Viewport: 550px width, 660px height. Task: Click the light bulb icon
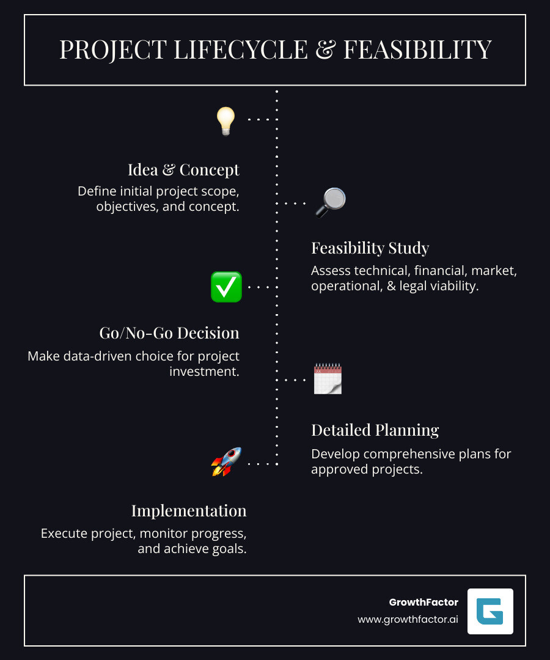(x=226, y=120)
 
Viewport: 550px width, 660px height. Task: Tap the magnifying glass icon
(x=331, y=203)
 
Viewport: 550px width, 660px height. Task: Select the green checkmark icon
(x=226, y=287)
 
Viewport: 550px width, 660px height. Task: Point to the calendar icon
(x=328, y=379)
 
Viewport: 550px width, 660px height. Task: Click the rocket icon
(x=226, y=462)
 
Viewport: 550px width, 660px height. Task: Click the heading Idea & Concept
(x=183, y=169)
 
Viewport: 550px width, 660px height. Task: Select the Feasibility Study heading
(x=370, y=248)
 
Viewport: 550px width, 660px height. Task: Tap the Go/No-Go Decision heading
(x=169, y=333)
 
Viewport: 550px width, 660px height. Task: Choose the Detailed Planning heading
(x=375, y=430)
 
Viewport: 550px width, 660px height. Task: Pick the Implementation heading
(x=189, y=510)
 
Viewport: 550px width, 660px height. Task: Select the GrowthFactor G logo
(x=490, y=611)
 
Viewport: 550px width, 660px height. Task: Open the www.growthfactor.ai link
(x=408, y=619)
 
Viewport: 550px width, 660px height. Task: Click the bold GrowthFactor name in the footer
(x=424, y=602)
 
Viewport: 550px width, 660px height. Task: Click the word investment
(x=204, y=371)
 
